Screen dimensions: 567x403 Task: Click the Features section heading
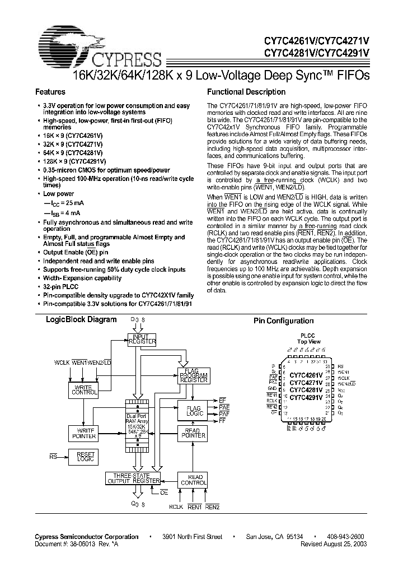50,92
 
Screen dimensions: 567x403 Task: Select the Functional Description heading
246,92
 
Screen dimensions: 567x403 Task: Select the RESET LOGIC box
83,457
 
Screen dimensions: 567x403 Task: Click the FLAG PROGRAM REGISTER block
194,375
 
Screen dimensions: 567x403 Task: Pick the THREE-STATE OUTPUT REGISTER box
133,478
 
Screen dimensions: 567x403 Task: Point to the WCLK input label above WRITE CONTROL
62,364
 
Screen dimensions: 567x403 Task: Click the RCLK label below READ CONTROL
176,508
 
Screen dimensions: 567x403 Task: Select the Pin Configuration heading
283,321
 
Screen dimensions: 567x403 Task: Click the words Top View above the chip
309,342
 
